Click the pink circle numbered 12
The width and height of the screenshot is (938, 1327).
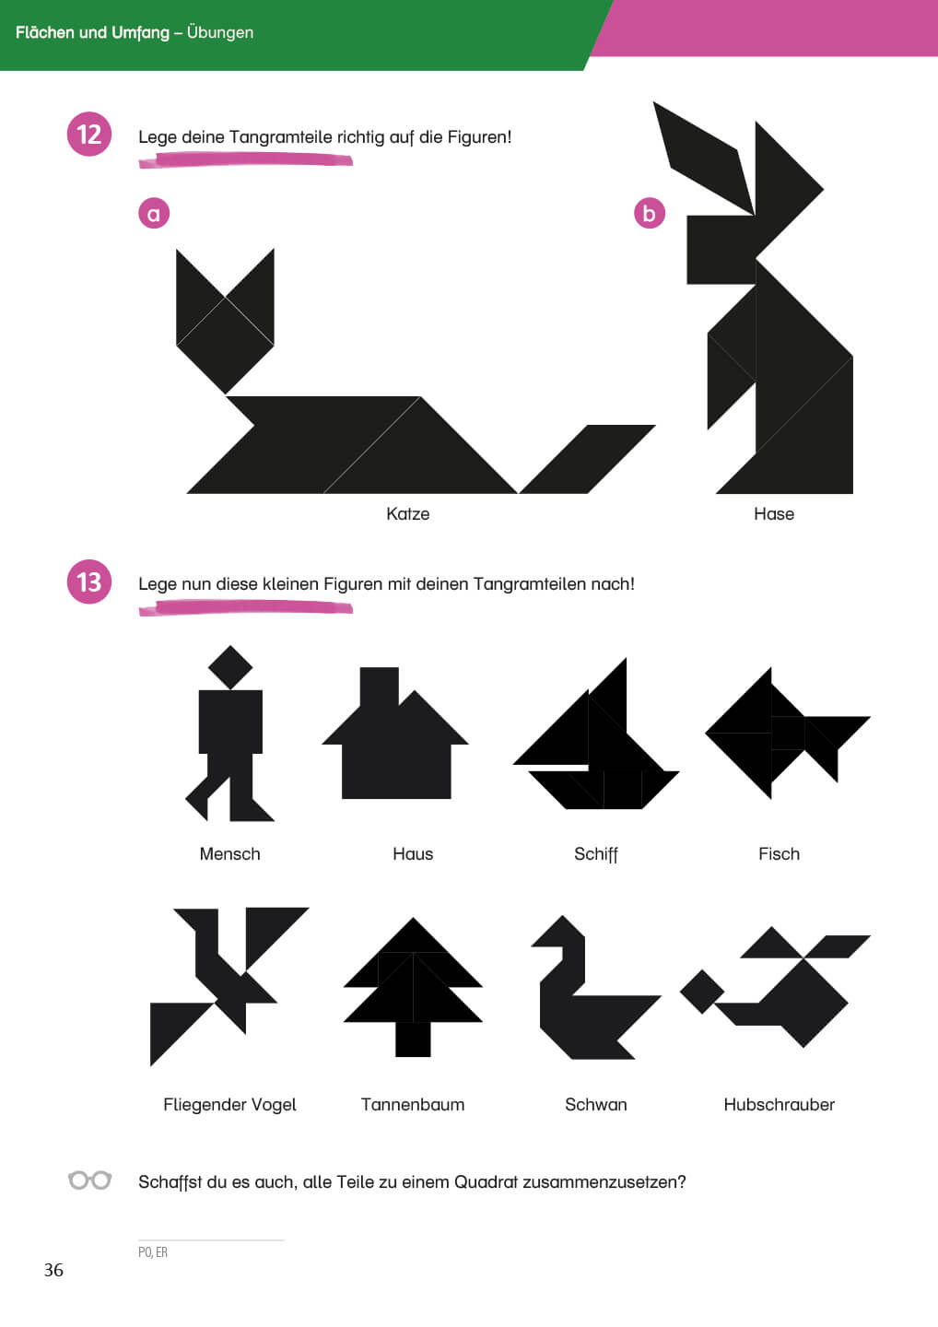tap(88, 134)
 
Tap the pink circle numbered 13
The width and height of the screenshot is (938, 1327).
tap(88, 581)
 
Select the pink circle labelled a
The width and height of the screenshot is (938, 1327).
tap(154, 213)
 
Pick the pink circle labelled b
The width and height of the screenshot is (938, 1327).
tap(650, 213)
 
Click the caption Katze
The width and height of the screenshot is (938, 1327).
tap(407, 513)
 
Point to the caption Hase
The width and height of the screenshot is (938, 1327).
tap(774, 513)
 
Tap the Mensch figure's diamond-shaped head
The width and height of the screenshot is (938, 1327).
tap(230, 667)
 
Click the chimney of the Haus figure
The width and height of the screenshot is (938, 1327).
tap(380, 687)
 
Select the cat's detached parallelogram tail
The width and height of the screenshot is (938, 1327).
tap(587, 459)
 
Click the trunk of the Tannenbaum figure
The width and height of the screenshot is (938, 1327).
tap(414, 1039)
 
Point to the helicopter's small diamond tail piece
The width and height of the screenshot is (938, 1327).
tap(702, 992)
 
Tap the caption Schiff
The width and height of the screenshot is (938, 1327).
tap(596, 854)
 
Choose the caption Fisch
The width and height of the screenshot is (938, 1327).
tap(779, 853)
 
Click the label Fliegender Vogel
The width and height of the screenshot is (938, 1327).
tap(229, 1105)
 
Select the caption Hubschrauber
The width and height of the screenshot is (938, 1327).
tap(779, 1104)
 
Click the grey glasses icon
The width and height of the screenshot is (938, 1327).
tap(89, 1180)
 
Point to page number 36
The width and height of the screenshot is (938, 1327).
tap(53, 1270)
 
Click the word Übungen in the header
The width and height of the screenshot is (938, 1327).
tap(220, 32)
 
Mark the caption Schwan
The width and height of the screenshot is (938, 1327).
tap(596, 1104)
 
